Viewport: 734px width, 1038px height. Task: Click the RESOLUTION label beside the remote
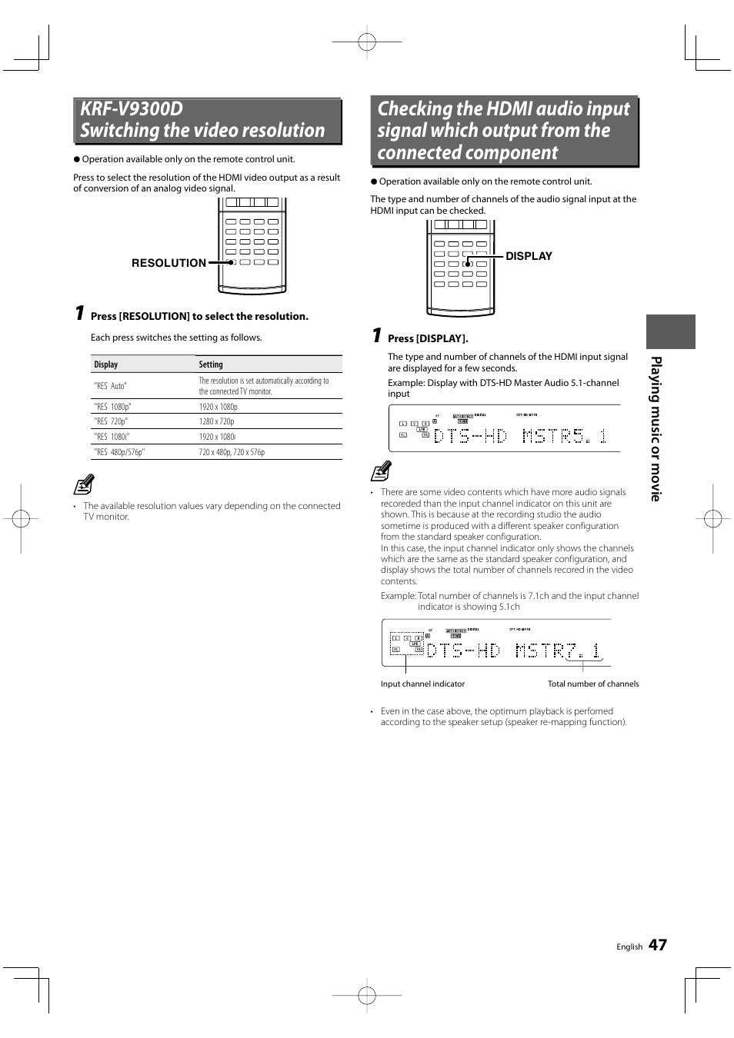(168, 263)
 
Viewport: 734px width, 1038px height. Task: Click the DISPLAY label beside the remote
(529, 256)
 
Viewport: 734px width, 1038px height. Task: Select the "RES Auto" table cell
(110, 386)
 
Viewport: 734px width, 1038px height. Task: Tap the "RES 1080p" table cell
(112, 407)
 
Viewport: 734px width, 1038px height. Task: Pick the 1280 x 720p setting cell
(216, 421)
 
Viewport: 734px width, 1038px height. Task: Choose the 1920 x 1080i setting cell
(217, 437)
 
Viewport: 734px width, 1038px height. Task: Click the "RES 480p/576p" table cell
(119, 452)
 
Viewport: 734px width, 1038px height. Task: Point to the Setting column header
(211, 364)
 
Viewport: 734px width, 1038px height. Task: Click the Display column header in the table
(106, 364)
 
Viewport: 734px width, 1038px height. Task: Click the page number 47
(657, 945)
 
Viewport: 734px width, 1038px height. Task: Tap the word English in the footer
(629, 947)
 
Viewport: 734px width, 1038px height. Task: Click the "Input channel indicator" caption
(422, 684)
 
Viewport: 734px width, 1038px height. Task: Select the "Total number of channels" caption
(592, 684)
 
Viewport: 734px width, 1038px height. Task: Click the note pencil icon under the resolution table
(84, 484)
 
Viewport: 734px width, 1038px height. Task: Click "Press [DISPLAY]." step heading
(428, 338)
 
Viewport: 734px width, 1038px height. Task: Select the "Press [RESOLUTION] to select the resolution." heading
(199, 316)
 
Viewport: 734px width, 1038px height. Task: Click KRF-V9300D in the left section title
(132, 109)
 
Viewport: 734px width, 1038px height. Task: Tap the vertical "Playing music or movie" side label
(656, 428)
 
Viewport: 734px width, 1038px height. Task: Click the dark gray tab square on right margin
(670, 331)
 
